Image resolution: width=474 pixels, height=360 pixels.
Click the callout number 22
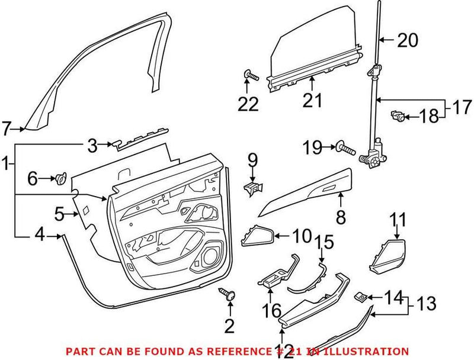click(x=248, y=105)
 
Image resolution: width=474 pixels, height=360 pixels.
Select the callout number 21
click(x=312, y=100)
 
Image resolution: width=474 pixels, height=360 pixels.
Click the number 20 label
click(x=406, y=40)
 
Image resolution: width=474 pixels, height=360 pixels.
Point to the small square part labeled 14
click(x=360, y=295)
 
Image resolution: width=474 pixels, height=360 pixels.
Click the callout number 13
click(x=425, y=305)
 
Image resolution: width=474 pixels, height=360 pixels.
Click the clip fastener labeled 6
click(x=60, y=177)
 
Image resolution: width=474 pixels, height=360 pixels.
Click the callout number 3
click(x=92, y=144)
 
